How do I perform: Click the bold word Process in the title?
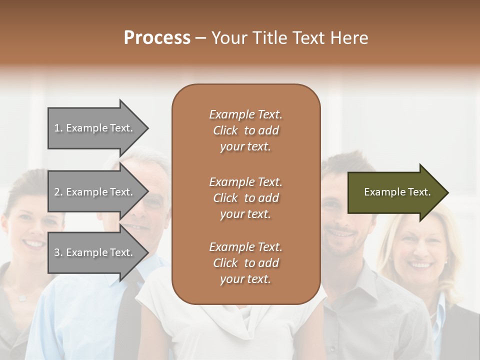tap(157, 38)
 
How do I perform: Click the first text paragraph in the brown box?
tap(245, 130)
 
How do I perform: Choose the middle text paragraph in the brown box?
tap(245, 198)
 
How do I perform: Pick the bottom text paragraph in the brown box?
tap(245, 263)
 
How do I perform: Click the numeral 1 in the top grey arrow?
tap(57, 128)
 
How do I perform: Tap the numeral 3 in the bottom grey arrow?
tap(57, 252)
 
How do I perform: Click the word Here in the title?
tap(351, 38)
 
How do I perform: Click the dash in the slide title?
tap(201, 38)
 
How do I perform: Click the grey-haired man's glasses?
tap(153, 202)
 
